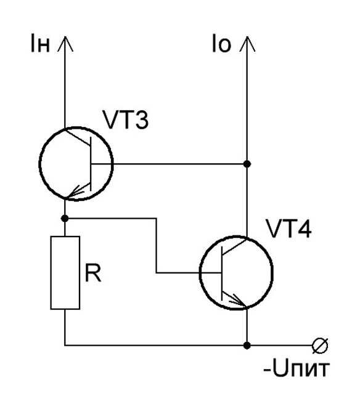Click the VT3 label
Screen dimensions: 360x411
click(126, 120)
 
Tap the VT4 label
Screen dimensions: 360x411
click(288, 229)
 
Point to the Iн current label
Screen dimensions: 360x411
click(40, 43)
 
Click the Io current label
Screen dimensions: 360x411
click(221, 43)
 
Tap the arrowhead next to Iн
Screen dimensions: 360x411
click(65, 44)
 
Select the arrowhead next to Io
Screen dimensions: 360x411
click(247, 44)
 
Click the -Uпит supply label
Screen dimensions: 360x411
click(297, 368)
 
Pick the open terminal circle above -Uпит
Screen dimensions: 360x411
click(320, 346)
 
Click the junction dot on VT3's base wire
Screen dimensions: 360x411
click(247, 164)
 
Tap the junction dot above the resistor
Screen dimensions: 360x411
click(65, 218)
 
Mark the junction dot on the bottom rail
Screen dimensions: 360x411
click(247, 346)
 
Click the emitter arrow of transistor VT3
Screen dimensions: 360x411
click(78, 190)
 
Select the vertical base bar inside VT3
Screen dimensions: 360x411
click(91, 164)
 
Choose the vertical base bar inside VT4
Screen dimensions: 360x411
click(222, 273)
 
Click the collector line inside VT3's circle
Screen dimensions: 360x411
click(78, 137)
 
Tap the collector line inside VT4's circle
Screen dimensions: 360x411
click(234, 246)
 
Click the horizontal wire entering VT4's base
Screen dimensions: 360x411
click(189, 273)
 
